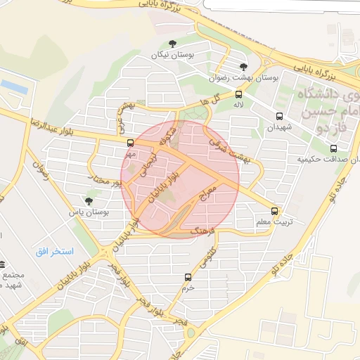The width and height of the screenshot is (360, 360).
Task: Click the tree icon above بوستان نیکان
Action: click(173, 44)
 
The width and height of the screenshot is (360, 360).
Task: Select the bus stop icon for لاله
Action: click(239, 94)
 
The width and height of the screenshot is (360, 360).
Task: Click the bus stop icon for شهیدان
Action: click(280, 116)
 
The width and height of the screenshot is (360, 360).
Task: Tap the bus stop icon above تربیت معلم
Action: click(274, 210)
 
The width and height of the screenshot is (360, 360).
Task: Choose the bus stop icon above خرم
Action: click(188, 277)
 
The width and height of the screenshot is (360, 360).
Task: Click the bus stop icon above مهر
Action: click(130, 143)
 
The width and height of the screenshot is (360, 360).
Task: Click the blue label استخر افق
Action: click(58, 251)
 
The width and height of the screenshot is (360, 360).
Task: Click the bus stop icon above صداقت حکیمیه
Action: click(333, 148)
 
